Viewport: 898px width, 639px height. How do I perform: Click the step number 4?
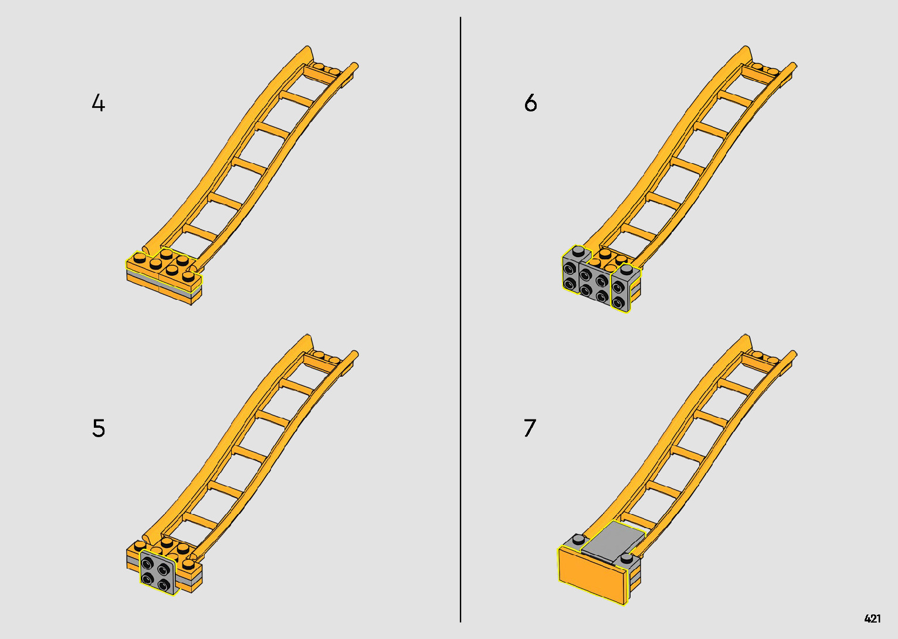(x=98, y=103)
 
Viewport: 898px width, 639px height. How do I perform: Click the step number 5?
(x=99, y=428)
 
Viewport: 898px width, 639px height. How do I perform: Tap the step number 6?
(x=530, y=103)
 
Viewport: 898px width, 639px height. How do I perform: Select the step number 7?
(x=530, y=428)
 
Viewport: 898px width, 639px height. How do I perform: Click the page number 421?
(x=872, y=618)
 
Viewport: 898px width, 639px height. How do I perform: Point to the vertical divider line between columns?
(x=460, y=319)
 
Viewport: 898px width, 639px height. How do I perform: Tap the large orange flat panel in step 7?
(x=592, y=575)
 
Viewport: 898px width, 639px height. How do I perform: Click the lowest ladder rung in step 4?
(x=201, y=232)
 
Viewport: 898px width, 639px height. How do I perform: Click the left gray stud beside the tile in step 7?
(x=578, y=539)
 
